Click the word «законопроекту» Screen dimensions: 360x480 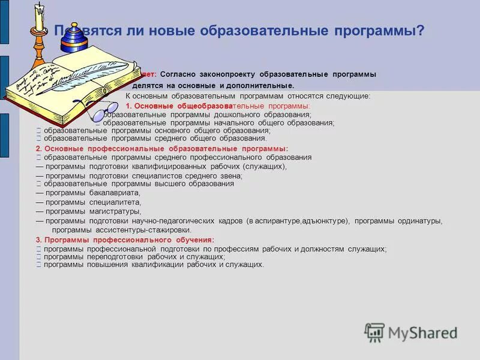point(221,74)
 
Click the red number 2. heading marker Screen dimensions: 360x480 point(38,148)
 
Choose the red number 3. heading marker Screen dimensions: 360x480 point(38,240)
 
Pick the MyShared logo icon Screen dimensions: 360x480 point(375,332)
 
